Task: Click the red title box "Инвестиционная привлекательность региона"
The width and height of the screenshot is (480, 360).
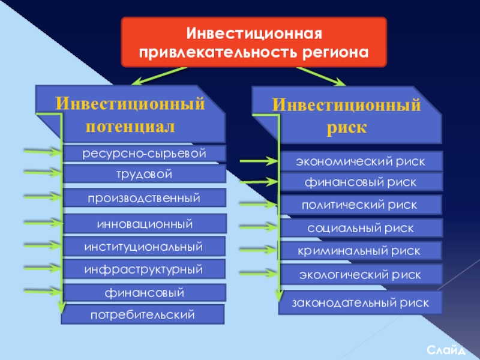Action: click(253, 41)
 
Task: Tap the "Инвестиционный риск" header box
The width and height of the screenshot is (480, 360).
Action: click(347, 115)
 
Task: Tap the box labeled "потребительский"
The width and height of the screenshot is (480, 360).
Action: click(143, 314)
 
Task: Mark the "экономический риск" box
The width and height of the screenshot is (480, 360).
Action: click(361, 161)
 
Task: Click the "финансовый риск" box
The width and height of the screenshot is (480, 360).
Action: click(361, 182)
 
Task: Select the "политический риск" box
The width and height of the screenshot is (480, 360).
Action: click(361, 205)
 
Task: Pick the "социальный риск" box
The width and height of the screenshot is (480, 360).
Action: click(361, 229)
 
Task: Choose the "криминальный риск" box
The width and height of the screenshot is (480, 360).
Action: click(361, 251)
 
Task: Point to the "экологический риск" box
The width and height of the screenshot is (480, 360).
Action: click(361, 274)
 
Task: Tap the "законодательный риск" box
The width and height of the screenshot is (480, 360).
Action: click(360, 303)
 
